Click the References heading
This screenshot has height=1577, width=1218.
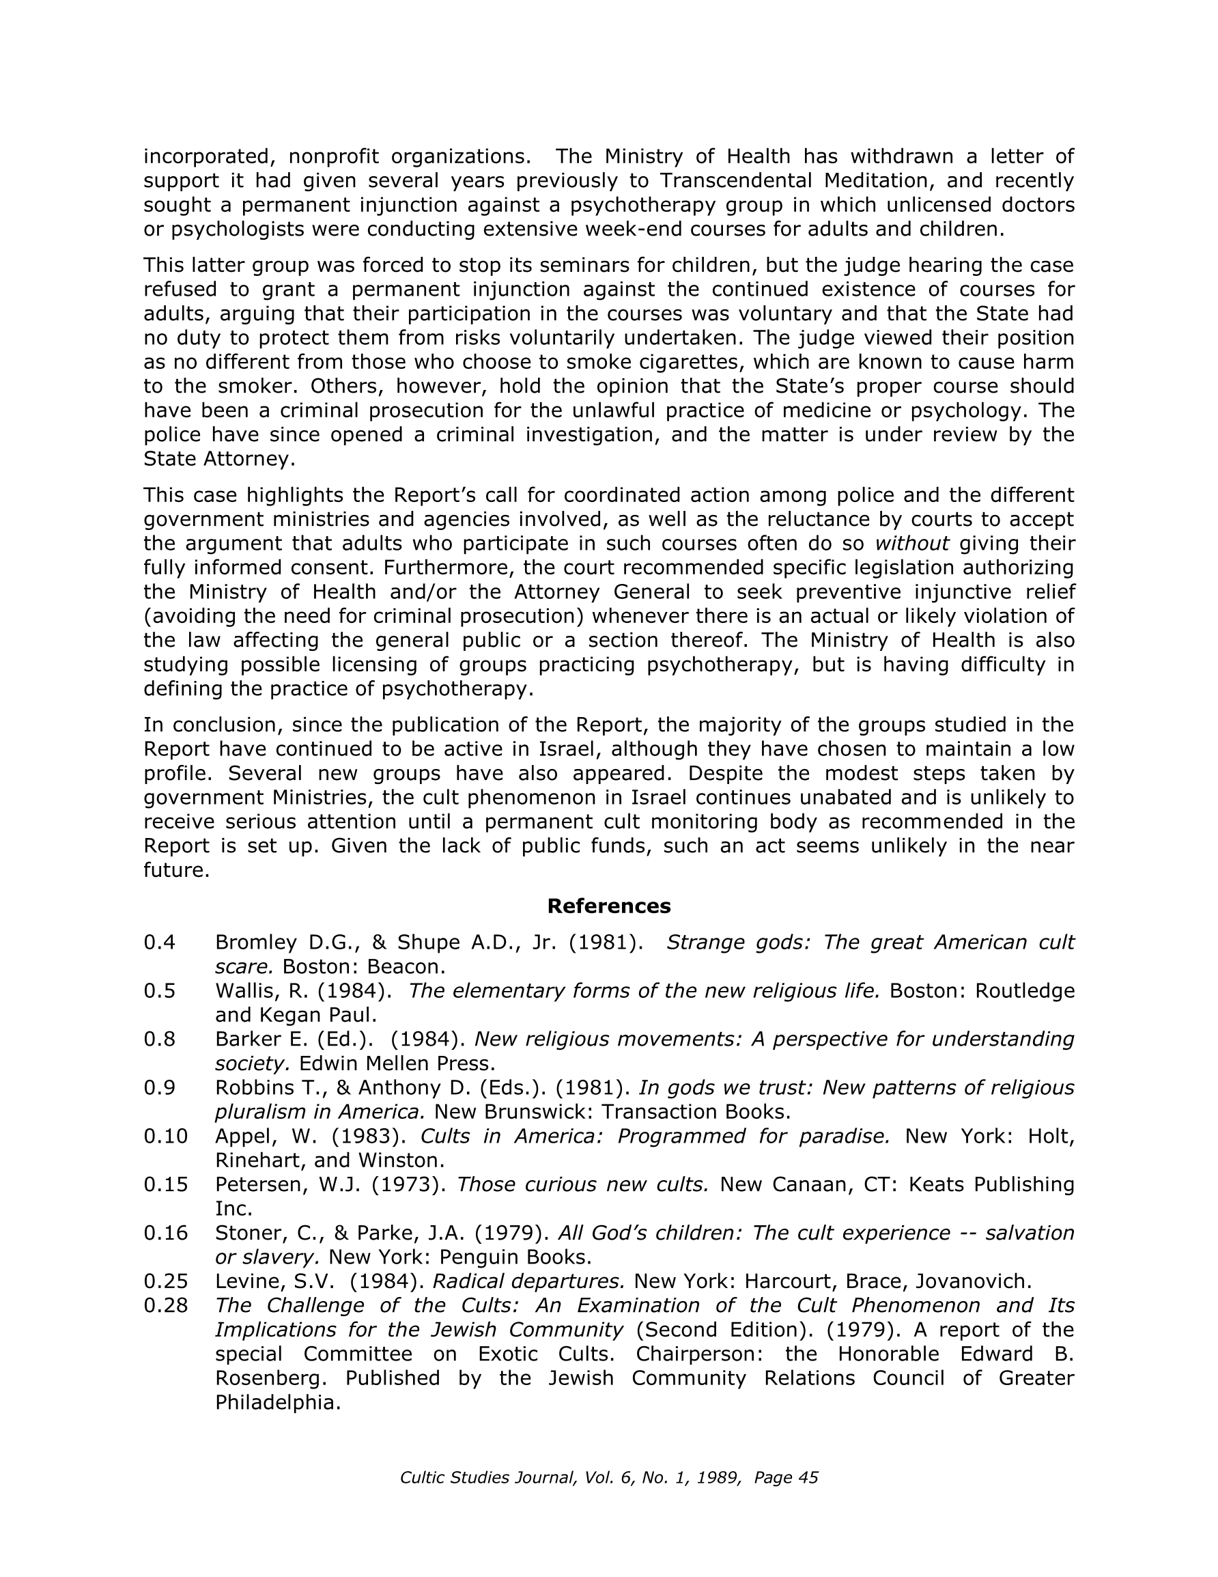608,906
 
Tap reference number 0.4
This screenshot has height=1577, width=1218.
160,943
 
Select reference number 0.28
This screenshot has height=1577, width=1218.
165,1305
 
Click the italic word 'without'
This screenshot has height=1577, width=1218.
912,544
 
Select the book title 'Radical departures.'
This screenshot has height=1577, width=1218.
528,1282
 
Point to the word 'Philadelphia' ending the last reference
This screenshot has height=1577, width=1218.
277,1403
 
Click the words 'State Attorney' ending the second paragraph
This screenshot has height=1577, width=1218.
218,459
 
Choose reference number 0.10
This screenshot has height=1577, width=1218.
165,1136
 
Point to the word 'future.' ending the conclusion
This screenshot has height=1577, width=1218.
176,870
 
